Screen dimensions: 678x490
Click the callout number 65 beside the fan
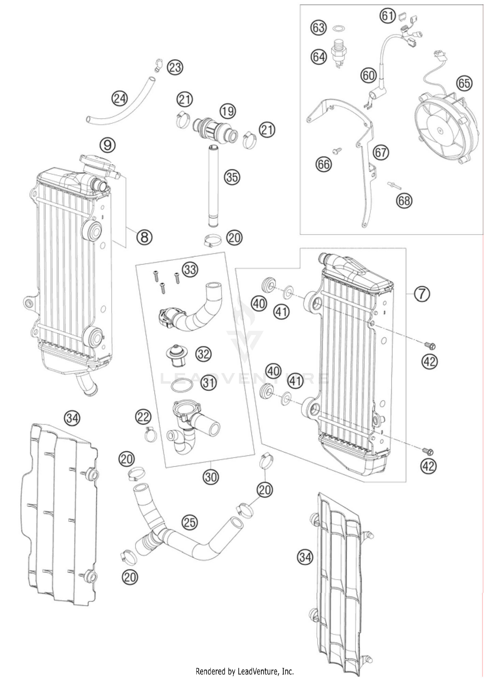tap(464, 84)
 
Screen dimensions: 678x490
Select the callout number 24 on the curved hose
tap(120, 98)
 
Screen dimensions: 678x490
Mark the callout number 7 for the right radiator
tap(422, 294)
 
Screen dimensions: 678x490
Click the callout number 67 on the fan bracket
tap(381, 152)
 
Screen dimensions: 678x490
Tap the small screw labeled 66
tap(336, 151)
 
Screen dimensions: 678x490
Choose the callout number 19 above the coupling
tap(227, 111)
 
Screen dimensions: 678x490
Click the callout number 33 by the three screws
tap(190, 270)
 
